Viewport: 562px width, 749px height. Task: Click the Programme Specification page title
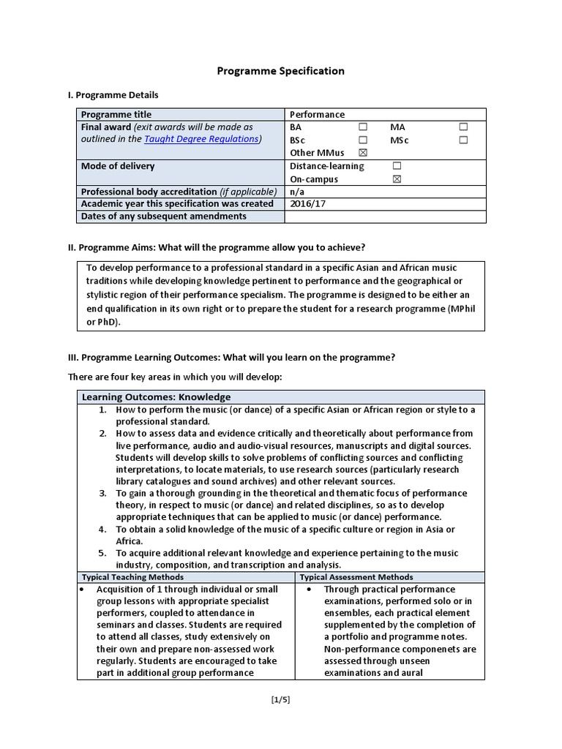(x=280, y=71)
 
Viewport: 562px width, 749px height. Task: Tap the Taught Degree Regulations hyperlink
(x=201, y=139)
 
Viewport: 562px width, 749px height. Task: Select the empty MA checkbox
(x=462, y=127)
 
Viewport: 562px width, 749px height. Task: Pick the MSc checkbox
(x=462, y=140)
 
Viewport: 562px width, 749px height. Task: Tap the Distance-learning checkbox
(x=397, y=166)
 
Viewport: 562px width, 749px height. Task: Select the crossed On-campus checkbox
(x=397, y=179)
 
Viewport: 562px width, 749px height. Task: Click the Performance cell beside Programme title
(x=317, y=114)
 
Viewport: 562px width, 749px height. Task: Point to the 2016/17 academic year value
(x=309, y=204)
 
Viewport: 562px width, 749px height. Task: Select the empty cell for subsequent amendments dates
(x=384, y=217)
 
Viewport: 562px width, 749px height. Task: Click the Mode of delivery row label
(x=118, y=166)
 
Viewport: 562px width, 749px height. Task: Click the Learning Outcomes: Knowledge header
(x=156, y=396)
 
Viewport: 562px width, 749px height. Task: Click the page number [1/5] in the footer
(x=280, y=699)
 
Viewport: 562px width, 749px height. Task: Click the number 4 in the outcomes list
(x=103, y=529)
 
